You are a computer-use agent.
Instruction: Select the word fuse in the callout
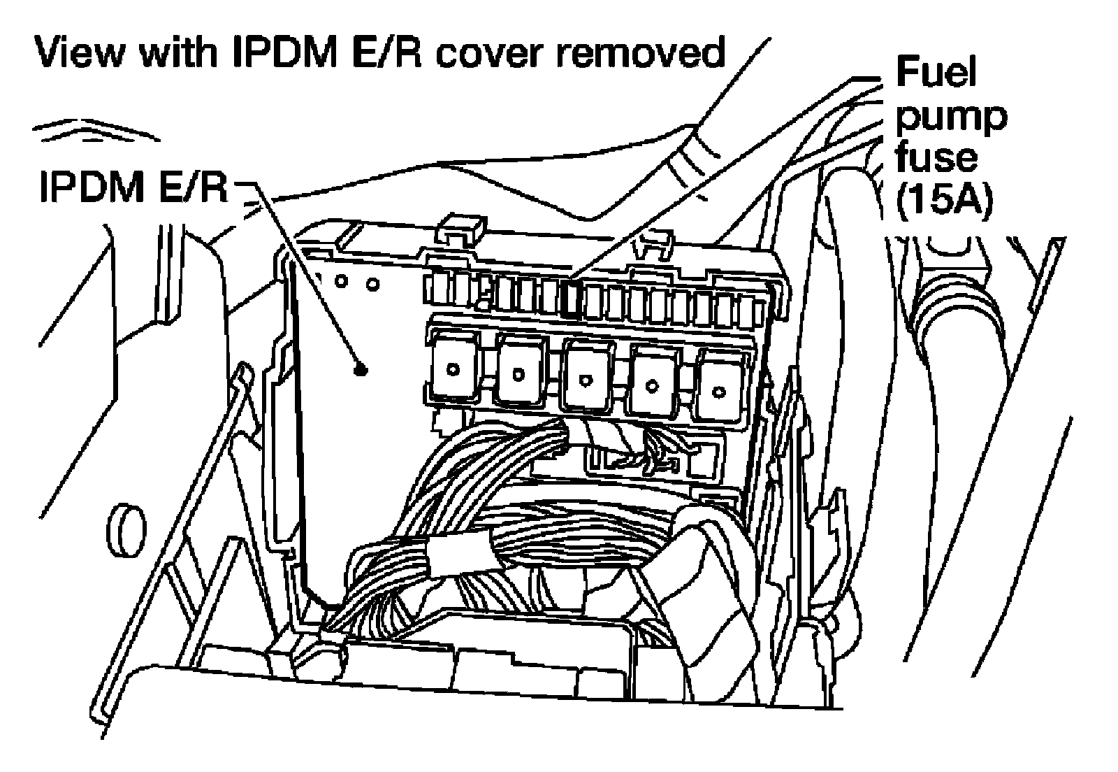936,158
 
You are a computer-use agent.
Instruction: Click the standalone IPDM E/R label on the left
133,187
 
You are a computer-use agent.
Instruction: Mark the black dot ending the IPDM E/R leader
359,370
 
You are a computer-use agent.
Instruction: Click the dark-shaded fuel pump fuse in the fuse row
570,299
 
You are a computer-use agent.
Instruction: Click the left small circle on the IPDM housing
342,281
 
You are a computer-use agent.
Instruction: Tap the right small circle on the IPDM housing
372,285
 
